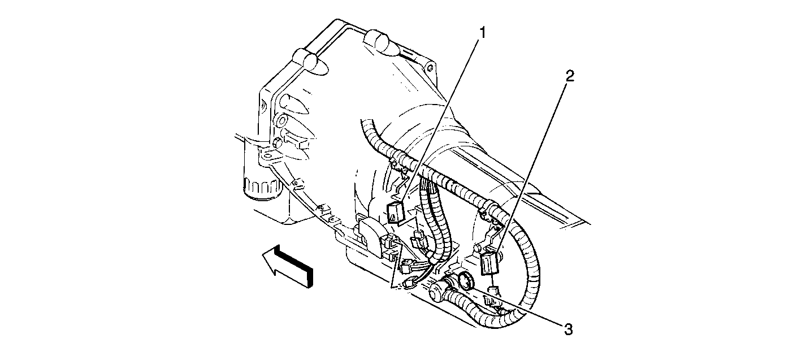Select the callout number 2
point(570,76)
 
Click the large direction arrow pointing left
point(287,266)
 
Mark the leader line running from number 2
point(531,164)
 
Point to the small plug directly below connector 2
point(493,292)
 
